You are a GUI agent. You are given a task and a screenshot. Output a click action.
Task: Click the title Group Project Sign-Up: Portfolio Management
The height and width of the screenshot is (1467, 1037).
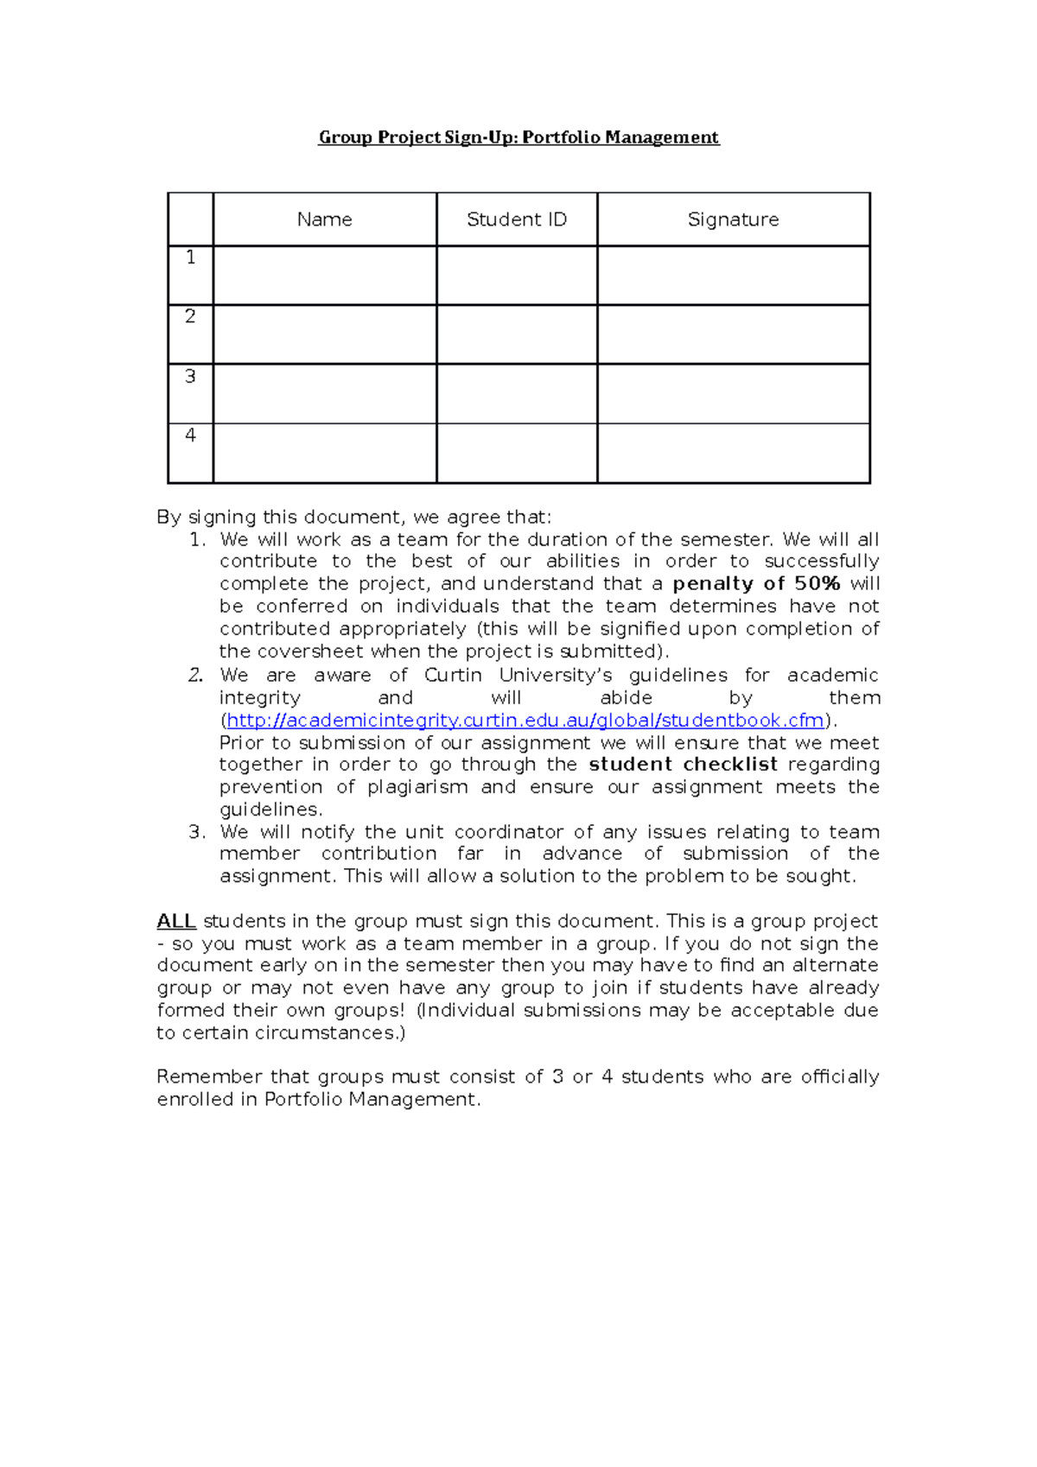[x=518, y=137]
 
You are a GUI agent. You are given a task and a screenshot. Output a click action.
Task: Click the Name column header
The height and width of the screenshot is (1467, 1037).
[x=324, y=219]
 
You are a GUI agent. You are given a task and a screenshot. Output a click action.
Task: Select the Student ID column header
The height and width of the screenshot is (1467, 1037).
[x=517, y=219]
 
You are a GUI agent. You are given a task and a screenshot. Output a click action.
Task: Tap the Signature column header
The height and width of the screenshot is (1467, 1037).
[x=733, y=219]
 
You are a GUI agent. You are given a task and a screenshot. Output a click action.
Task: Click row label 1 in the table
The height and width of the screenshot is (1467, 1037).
[x=190, y=257]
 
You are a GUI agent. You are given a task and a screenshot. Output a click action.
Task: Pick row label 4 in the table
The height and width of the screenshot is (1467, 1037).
[x=190, y=435]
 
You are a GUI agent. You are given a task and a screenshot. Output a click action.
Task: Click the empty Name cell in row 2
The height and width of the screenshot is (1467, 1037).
[x=324, y=334]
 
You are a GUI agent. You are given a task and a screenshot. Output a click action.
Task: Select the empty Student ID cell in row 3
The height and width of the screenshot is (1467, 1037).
[x=517, y=393]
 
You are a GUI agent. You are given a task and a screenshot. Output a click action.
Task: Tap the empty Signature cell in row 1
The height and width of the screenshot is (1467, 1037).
[x=733, y=275]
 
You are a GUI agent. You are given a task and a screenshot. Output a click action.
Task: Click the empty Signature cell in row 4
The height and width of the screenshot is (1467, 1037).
[x=733, y=453]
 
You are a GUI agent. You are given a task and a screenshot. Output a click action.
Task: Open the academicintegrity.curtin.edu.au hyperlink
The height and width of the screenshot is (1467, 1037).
[x=525, y=721]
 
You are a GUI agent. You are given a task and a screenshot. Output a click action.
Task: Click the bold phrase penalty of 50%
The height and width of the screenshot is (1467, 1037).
[x=756, y=584]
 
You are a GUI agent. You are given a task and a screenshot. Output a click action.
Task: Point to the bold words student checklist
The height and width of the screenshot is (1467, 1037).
[x=683, y=765]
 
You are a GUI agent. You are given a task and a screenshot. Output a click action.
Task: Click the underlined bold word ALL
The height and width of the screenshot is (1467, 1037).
[x=176, y=921]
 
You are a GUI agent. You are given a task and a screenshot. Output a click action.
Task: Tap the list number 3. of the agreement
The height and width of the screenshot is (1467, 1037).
[x=197, y=832]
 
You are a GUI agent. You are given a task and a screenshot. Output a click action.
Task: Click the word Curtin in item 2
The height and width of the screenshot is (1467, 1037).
[x=452, y=676]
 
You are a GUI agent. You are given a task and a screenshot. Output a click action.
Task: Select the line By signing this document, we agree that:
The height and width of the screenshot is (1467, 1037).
[x=353, y=518]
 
